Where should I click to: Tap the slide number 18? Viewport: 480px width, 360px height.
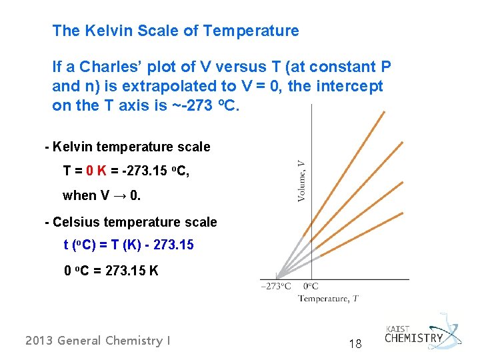[355, 344]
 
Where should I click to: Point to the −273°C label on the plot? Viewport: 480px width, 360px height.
[275, 287]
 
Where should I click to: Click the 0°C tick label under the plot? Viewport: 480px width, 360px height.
[311, 287]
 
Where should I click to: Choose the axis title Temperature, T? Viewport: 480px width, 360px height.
[327, 298]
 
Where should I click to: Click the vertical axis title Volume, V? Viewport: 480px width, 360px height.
[301, 179]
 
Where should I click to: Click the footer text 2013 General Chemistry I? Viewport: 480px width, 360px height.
[97, 341]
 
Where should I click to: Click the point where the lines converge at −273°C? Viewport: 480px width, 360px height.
[277, 277]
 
